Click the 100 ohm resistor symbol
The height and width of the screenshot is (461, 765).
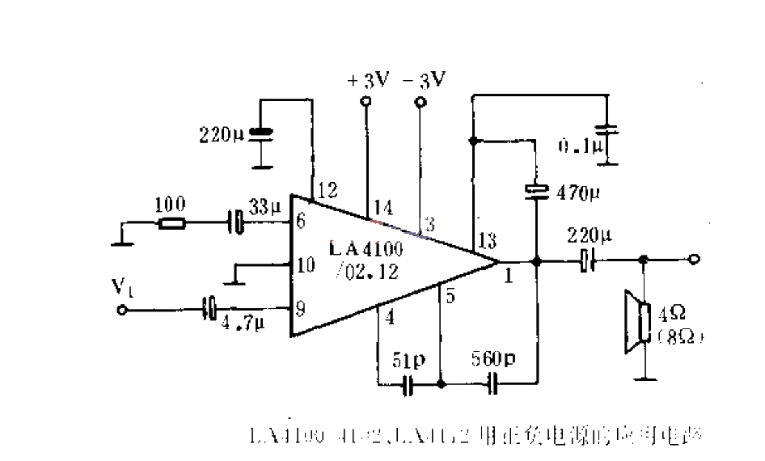pos(172,222)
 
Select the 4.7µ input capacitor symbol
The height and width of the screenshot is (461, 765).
pos(210,307)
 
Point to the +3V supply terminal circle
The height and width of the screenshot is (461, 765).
pos(366,102)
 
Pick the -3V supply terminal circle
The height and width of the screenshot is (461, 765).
pos(420,102)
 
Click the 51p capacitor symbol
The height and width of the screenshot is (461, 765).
pos(410,385)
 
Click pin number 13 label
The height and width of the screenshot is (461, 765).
pos(487,240)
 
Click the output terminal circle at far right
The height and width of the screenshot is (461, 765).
pos(694,260)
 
